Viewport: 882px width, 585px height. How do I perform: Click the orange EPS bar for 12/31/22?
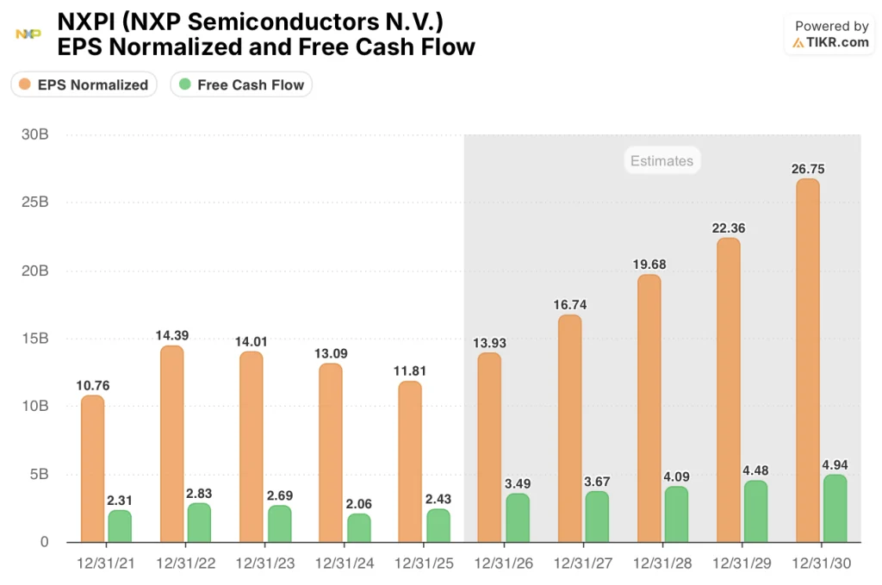coord(171,444)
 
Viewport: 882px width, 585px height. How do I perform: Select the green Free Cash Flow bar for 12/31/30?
coord(835,508)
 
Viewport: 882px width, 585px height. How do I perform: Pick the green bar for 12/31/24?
coord(358,527)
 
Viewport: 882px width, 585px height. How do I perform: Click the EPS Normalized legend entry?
coord(84,84)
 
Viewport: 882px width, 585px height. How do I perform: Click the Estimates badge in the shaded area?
coord(661,160)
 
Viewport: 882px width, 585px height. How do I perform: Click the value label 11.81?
coord(410,371)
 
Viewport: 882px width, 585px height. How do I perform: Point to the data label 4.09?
coord(676,476)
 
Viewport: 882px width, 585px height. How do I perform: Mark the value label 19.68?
coord(649,264)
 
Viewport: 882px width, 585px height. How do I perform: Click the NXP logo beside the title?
coord(28,34)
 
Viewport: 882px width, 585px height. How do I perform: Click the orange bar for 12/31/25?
coord(410,461)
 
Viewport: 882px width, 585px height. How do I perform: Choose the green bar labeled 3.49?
coord(518,517)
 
